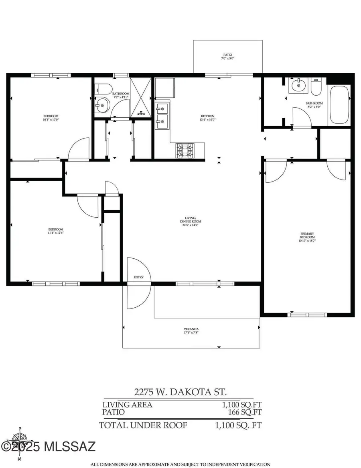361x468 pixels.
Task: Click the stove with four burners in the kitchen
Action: tap(185, 151)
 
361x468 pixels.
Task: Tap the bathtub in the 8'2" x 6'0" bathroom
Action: tap(339, 104)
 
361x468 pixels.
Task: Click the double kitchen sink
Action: tap(162, 115)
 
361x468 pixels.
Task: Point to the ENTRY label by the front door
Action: tap(138, 278)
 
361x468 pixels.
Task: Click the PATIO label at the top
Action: tap(227, 55)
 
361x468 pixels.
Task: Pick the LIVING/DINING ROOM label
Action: tap(191, 220)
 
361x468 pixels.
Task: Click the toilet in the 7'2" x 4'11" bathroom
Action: tap(102, 88)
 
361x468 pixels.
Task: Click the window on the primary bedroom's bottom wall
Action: tap(307, 315)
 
